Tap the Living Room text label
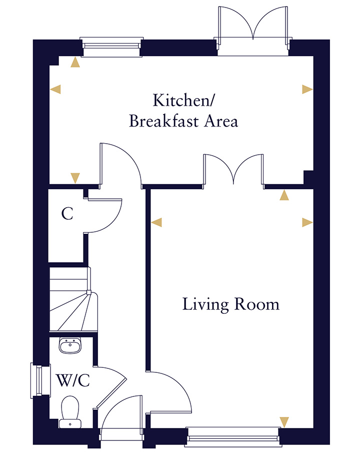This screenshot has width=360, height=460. (x=230, y=304)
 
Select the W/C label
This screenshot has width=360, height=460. (x=73, y=381)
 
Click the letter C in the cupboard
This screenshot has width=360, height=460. (x=67, y=214)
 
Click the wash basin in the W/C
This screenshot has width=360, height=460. (x=70, y=345)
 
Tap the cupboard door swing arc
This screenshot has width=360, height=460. (x=107, y=215)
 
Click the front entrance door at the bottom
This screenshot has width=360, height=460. (x=121, y=415)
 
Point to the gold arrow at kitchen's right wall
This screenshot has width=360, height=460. (x=306, y=89)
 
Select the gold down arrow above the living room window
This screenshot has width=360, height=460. (x=284, y=422)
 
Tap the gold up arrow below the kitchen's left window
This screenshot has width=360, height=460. (x=75, y=62)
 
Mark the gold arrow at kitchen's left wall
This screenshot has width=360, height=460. (x=56, y=89)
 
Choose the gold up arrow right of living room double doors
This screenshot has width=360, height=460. (x=284, y=196)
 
